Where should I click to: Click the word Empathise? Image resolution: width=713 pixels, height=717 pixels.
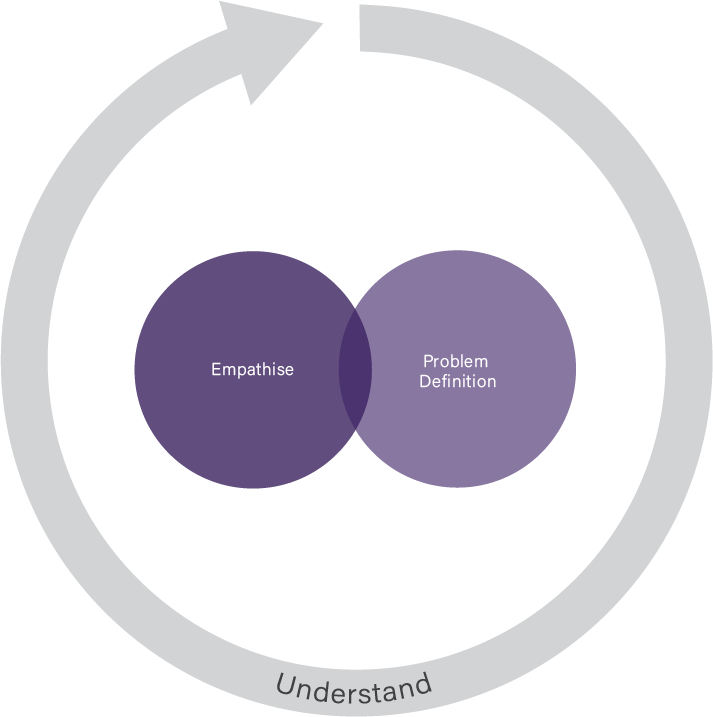(252, 370)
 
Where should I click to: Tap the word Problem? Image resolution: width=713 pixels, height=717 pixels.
(455, 361)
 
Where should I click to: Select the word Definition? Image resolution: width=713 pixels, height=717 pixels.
(457, 381)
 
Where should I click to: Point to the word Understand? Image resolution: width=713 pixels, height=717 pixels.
(354, 688)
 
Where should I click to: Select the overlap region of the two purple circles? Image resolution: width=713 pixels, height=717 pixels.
(355, 369)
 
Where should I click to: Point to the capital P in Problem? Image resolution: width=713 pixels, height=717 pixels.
(427, 361)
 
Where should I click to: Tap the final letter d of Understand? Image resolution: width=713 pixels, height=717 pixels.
(424, 684)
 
